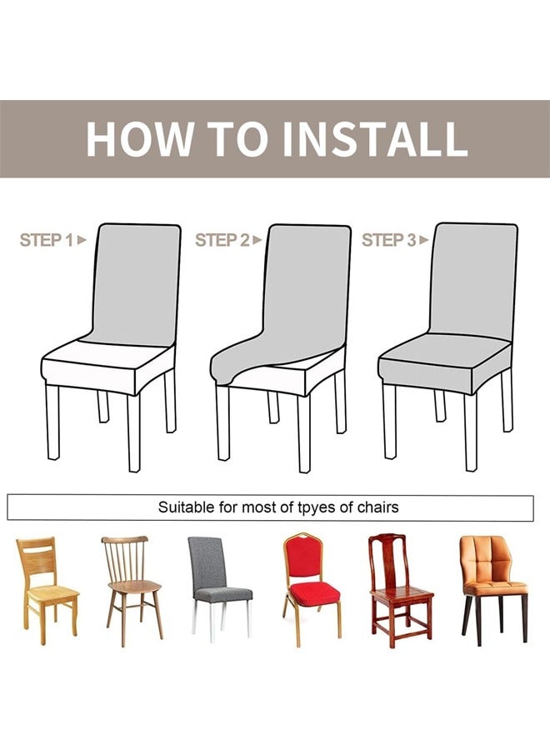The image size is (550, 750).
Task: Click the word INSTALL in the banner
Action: tap(376, 138)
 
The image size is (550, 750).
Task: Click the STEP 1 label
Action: tap(47, 240)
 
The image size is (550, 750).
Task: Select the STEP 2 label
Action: tap(222, 240)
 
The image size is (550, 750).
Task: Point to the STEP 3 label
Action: tap(389, 240)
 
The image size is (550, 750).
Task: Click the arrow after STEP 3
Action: tap(423, 240)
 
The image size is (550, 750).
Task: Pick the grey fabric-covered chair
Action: tap(219, 587)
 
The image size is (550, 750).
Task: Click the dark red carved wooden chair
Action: tap(400, 591)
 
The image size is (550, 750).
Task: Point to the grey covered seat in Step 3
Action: tap(445, 361)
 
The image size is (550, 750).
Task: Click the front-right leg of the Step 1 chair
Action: tap(134, 432)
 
